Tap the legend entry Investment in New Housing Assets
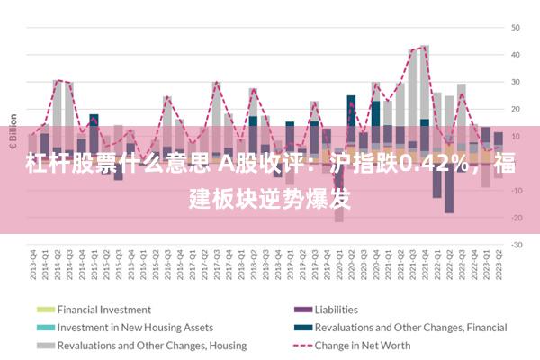135,327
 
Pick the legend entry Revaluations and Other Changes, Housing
139,345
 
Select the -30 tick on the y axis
517,244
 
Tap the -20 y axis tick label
517,217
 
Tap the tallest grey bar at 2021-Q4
425,81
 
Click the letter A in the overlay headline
224,165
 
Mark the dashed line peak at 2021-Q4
424,47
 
